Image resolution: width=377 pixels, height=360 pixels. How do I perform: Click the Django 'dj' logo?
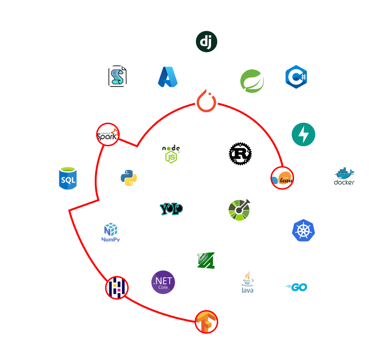[206, 42]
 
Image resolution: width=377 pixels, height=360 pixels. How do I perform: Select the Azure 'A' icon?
[168, 77]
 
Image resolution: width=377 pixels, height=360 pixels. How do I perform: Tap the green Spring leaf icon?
[252, 81]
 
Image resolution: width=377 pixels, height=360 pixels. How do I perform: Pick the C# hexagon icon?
[296, 76]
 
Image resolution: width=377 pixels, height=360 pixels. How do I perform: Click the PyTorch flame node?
[206, 100]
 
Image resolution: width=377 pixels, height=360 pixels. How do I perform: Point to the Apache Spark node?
[107, 134]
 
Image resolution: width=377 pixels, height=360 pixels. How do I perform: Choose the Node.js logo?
[171, 154]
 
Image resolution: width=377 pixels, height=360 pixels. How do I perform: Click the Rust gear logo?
[240, 154]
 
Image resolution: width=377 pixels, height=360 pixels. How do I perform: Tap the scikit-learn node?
[282, 178]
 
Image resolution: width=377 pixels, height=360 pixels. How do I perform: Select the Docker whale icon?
[344, 178]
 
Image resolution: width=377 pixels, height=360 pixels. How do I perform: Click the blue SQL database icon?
[68, 178]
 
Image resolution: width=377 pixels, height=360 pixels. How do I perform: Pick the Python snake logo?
[129, 178]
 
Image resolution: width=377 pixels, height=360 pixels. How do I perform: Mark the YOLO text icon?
[171, 209]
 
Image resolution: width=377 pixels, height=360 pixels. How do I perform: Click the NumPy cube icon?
[111, 233]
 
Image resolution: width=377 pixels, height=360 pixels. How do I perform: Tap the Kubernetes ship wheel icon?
[303, 230]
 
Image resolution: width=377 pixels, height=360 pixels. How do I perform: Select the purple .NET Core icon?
[163, 282]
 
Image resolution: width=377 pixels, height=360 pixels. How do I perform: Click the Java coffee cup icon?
[247, 282]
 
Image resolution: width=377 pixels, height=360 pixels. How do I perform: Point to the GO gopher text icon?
[296, 287]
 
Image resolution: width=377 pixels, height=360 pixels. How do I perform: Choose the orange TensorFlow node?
[206, 321]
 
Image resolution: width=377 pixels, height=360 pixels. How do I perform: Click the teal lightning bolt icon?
[303, 134]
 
